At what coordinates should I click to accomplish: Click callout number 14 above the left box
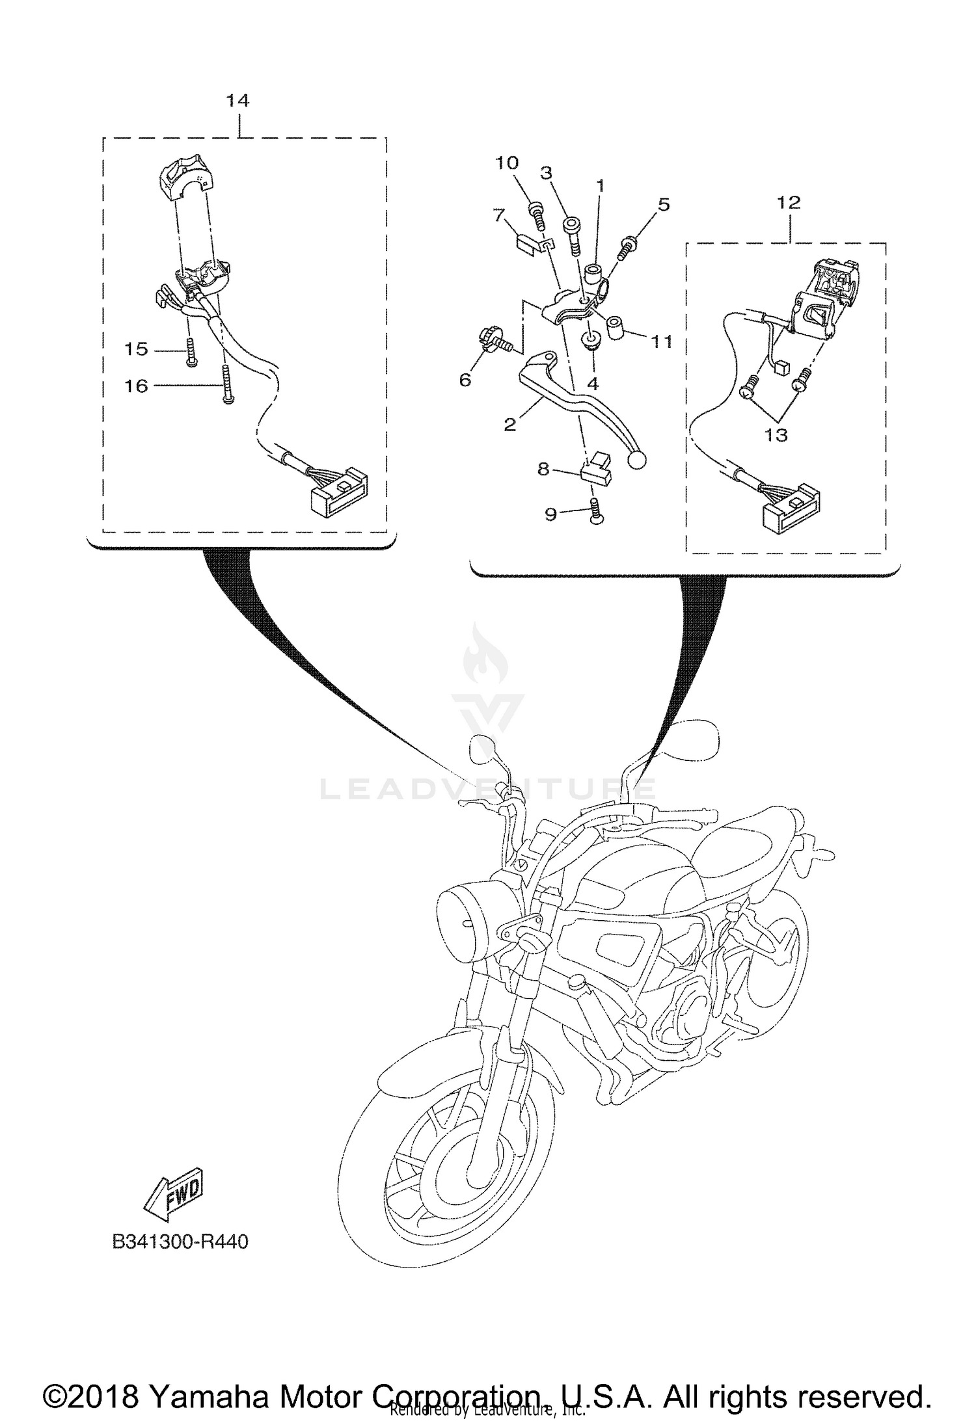click(x=237, y=101)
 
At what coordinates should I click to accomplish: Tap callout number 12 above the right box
click(x=788, y=202)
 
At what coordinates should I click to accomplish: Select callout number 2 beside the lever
click(x=510, y=425)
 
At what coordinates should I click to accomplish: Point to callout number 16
click(x=137, y=386)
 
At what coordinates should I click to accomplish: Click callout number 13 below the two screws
click(x=776, y=434)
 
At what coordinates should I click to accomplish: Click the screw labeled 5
click(x=628, y=247)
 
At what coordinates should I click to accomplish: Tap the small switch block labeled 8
click(x=596, y=470)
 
